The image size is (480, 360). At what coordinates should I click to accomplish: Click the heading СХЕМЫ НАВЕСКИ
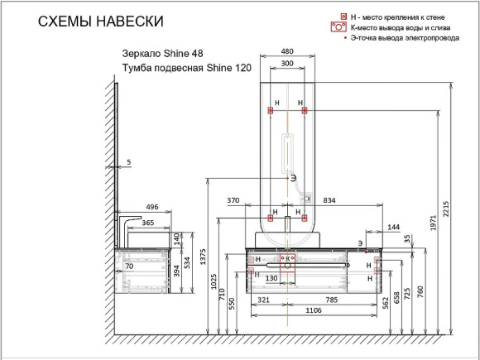coord(101,20)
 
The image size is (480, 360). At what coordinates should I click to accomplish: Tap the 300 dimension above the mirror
coord(287,63)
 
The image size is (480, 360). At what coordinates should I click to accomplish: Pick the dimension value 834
coord(329,201)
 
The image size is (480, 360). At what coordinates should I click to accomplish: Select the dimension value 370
coord(233,201)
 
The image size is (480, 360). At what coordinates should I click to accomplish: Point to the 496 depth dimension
coord(151,207)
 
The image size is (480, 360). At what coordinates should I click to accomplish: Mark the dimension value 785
coord(331,299)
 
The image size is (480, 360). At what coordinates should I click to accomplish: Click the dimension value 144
coord(392,226)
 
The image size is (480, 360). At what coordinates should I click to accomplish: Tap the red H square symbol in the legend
coord(343,17)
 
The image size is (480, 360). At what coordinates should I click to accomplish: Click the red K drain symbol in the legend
coord(341,27)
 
